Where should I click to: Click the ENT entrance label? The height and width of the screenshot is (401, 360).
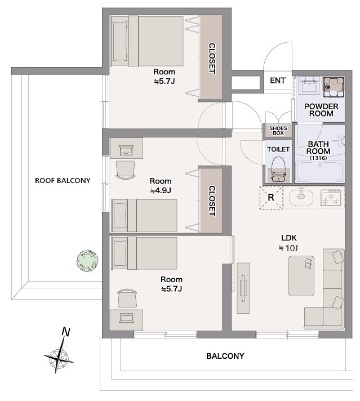[278, 81]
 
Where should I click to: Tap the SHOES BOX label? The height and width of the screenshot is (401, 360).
[278, 131]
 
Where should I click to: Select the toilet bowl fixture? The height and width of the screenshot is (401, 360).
[278, 169]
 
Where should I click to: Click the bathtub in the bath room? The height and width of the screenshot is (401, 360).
[319, 171]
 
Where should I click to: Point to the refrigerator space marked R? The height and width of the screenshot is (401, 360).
[271, 198]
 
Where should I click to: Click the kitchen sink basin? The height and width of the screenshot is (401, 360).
[301, 198]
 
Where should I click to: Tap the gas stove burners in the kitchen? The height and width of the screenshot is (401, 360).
[331, 198]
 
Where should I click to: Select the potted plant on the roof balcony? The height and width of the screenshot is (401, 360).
[87, 260]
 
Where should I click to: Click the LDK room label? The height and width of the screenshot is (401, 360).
[289, 238]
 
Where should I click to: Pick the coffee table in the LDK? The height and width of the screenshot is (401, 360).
[301, 276]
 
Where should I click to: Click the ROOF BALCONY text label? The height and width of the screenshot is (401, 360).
[63, 181]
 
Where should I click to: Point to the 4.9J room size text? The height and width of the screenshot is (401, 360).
[161, 190]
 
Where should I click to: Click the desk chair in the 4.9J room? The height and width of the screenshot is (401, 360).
[126, 170]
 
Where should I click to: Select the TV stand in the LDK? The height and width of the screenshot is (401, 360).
[243, 288]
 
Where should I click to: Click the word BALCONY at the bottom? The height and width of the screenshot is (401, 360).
[225, 356]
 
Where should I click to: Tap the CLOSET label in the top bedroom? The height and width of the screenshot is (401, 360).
[212, 59]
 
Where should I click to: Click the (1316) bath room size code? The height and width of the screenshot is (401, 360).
[318, 158]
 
